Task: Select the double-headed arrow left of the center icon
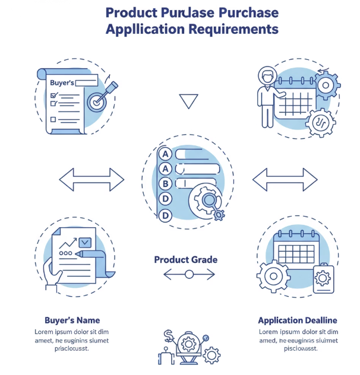pos(91,179)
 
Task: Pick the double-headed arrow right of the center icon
pos(285,179)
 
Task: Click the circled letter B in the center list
pos(166,184)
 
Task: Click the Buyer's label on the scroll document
pos(62,82)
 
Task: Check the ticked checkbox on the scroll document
pos(53,96)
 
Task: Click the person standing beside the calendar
pos(267,97)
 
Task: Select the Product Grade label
pos(185,260)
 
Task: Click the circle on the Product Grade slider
pos(189,274)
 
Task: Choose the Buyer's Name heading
pos(72,320)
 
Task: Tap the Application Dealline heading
pos(298,320)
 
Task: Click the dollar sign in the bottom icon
pos(169,337)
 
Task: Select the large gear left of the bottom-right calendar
pos(273,277)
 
